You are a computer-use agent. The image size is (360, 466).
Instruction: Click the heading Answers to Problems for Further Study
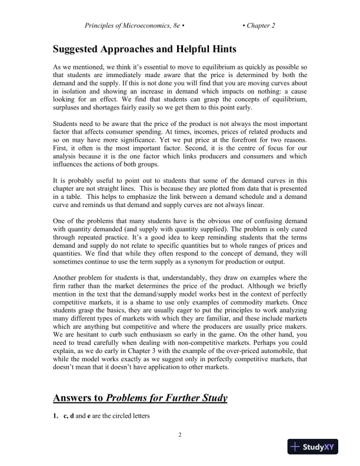tap(141, 398)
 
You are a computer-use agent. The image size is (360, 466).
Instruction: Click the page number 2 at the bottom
tap(180, 435)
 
